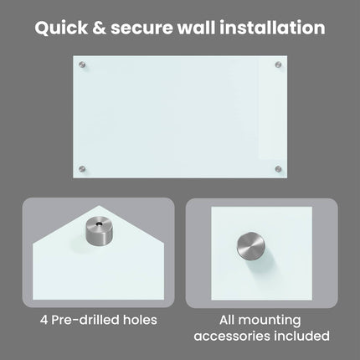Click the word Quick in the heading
[61, 28]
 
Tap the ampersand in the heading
[100, 28]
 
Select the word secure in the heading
[142, 29]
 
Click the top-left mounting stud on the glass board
[82, 65]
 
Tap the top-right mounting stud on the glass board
[278, 65]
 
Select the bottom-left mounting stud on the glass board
[82, 169]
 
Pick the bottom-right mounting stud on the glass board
[278, 169]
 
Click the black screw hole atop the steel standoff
[98, 224]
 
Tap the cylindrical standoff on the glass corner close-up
[99, 231]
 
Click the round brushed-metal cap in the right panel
[251, 245]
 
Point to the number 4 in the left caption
[44, 320]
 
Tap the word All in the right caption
[227, 320]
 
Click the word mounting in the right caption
[270, 321]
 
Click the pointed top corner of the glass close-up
[99, 206]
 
